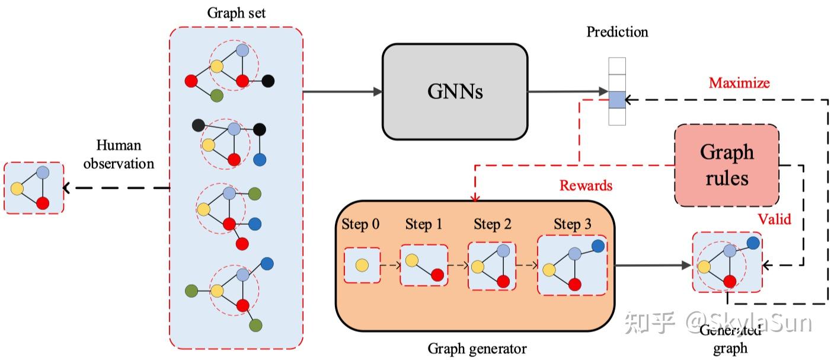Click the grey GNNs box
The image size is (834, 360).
(455, 91)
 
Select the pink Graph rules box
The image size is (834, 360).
(727, 165)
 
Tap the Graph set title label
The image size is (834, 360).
(235, 14)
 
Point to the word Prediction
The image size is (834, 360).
(617, 31)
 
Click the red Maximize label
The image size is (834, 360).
(739, 82)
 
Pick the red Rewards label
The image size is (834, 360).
(586, 186)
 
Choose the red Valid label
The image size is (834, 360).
(774, 219)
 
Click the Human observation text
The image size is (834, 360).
(119, 154)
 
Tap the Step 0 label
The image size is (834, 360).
(360, 225)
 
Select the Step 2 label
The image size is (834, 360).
(492, 225)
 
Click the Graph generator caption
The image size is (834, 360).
(477, 349)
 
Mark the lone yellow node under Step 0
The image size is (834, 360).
(362, 265)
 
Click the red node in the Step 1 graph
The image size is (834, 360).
(437, 275)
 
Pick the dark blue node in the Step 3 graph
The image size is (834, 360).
(597, 245)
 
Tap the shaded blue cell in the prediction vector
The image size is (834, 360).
(617, 99)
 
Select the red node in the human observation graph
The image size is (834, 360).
(42, 203)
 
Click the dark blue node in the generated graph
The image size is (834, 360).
(753, 243)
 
